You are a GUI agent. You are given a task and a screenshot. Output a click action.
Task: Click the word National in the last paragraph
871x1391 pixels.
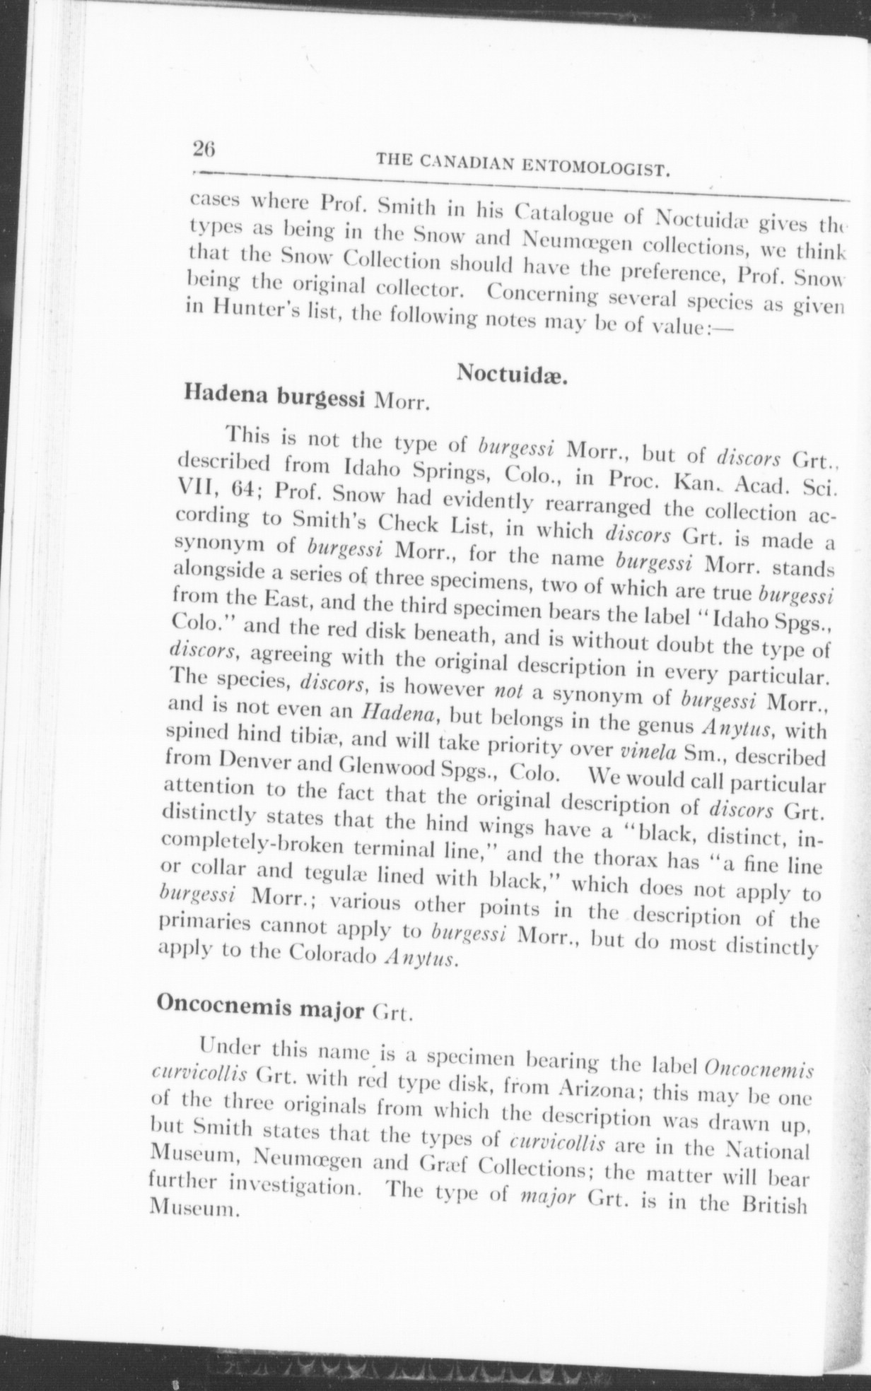[x=768, y=1150]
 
